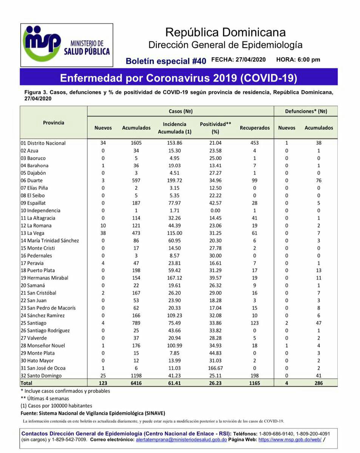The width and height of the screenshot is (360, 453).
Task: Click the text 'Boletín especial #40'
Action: (x=166, y=61)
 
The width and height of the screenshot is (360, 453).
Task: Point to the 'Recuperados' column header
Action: (x=255, y=128)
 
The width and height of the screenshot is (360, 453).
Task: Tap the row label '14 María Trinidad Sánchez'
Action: (x=49, y=241)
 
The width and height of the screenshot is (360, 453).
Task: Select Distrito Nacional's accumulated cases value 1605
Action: (x=136, y=143)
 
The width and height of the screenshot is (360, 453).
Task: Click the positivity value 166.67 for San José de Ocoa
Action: (x=215, y=368)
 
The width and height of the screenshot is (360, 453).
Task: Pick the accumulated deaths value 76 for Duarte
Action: (x=319, y=181)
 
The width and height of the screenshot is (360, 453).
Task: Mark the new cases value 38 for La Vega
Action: (x=103, y=233)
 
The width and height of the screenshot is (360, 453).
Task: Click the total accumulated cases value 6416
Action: (x=136, y=383)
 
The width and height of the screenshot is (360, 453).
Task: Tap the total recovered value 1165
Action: (x=255, y=383)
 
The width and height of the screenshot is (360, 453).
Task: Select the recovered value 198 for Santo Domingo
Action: (x=255, y=376)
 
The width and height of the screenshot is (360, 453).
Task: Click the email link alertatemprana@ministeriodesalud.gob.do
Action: (x=181, y=440)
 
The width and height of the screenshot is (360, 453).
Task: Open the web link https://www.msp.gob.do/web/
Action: (x=290, y=440)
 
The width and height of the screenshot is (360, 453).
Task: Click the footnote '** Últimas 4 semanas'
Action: (x=45, y=398)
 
